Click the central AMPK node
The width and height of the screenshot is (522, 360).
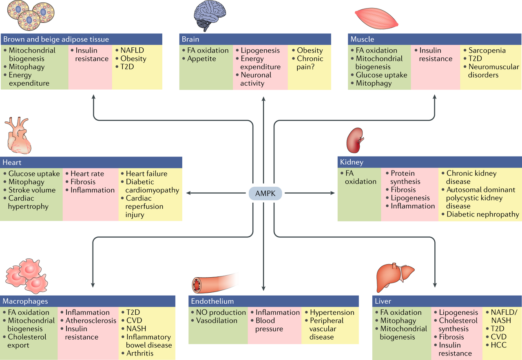[265, 192]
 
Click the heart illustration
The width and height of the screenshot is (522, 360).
[18, 137]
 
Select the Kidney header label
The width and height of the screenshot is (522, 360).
[352, 162]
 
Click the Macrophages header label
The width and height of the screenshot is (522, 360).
[25, 301]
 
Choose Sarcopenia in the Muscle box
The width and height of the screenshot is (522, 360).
[487, 51]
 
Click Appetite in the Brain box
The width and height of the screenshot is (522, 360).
[201, 59]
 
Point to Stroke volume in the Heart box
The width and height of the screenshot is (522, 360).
[32, 190]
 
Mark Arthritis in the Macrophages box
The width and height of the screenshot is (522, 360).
[140, 353]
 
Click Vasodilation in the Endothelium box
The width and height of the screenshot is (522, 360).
[217, 320]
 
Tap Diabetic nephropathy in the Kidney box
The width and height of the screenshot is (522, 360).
[483, 214]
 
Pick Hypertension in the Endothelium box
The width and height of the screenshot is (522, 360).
[332, 312]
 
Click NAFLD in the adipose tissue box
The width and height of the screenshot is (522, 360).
[132, 51]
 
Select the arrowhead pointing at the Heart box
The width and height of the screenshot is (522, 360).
[188, 192]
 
